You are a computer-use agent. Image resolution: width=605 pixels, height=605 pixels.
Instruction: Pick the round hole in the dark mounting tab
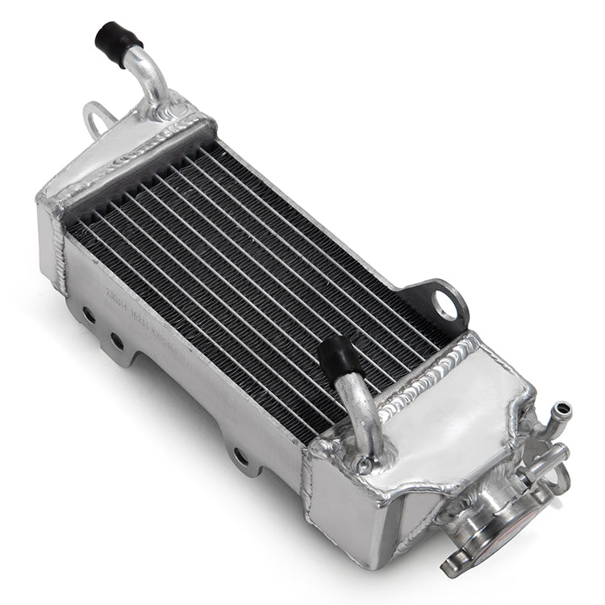tap(444, 305)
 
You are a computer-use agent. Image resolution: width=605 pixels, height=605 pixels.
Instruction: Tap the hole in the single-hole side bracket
tap(240, 457)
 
